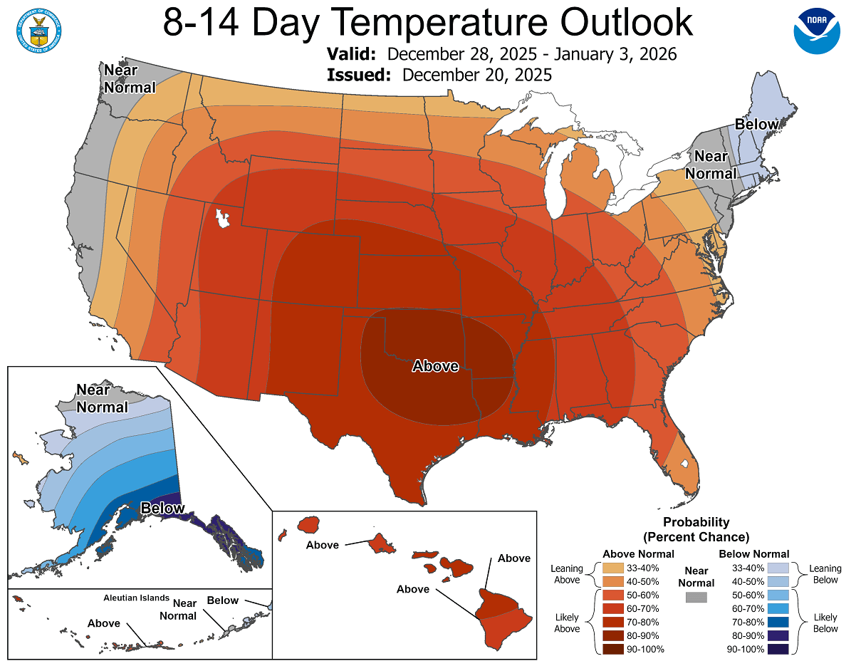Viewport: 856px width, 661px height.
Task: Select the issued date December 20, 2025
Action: tap(476, 75)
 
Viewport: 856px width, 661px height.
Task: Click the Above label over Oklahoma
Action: tap(435, 365)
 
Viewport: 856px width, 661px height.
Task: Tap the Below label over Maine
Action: tap(756, 125)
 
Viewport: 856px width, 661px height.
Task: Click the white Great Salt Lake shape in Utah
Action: tap(223, 217)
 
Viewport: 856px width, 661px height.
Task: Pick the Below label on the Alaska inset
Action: tap(162, 508)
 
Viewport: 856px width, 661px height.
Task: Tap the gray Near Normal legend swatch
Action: tap(696, 597)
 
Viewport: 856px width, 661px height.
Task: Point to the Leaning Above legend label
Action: tap(567, 574)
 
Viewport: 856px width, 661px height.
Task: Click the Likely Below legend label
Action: tap(826, 622)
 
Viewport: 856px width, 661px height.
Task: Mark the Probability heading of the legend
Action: tap(696, 522)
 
